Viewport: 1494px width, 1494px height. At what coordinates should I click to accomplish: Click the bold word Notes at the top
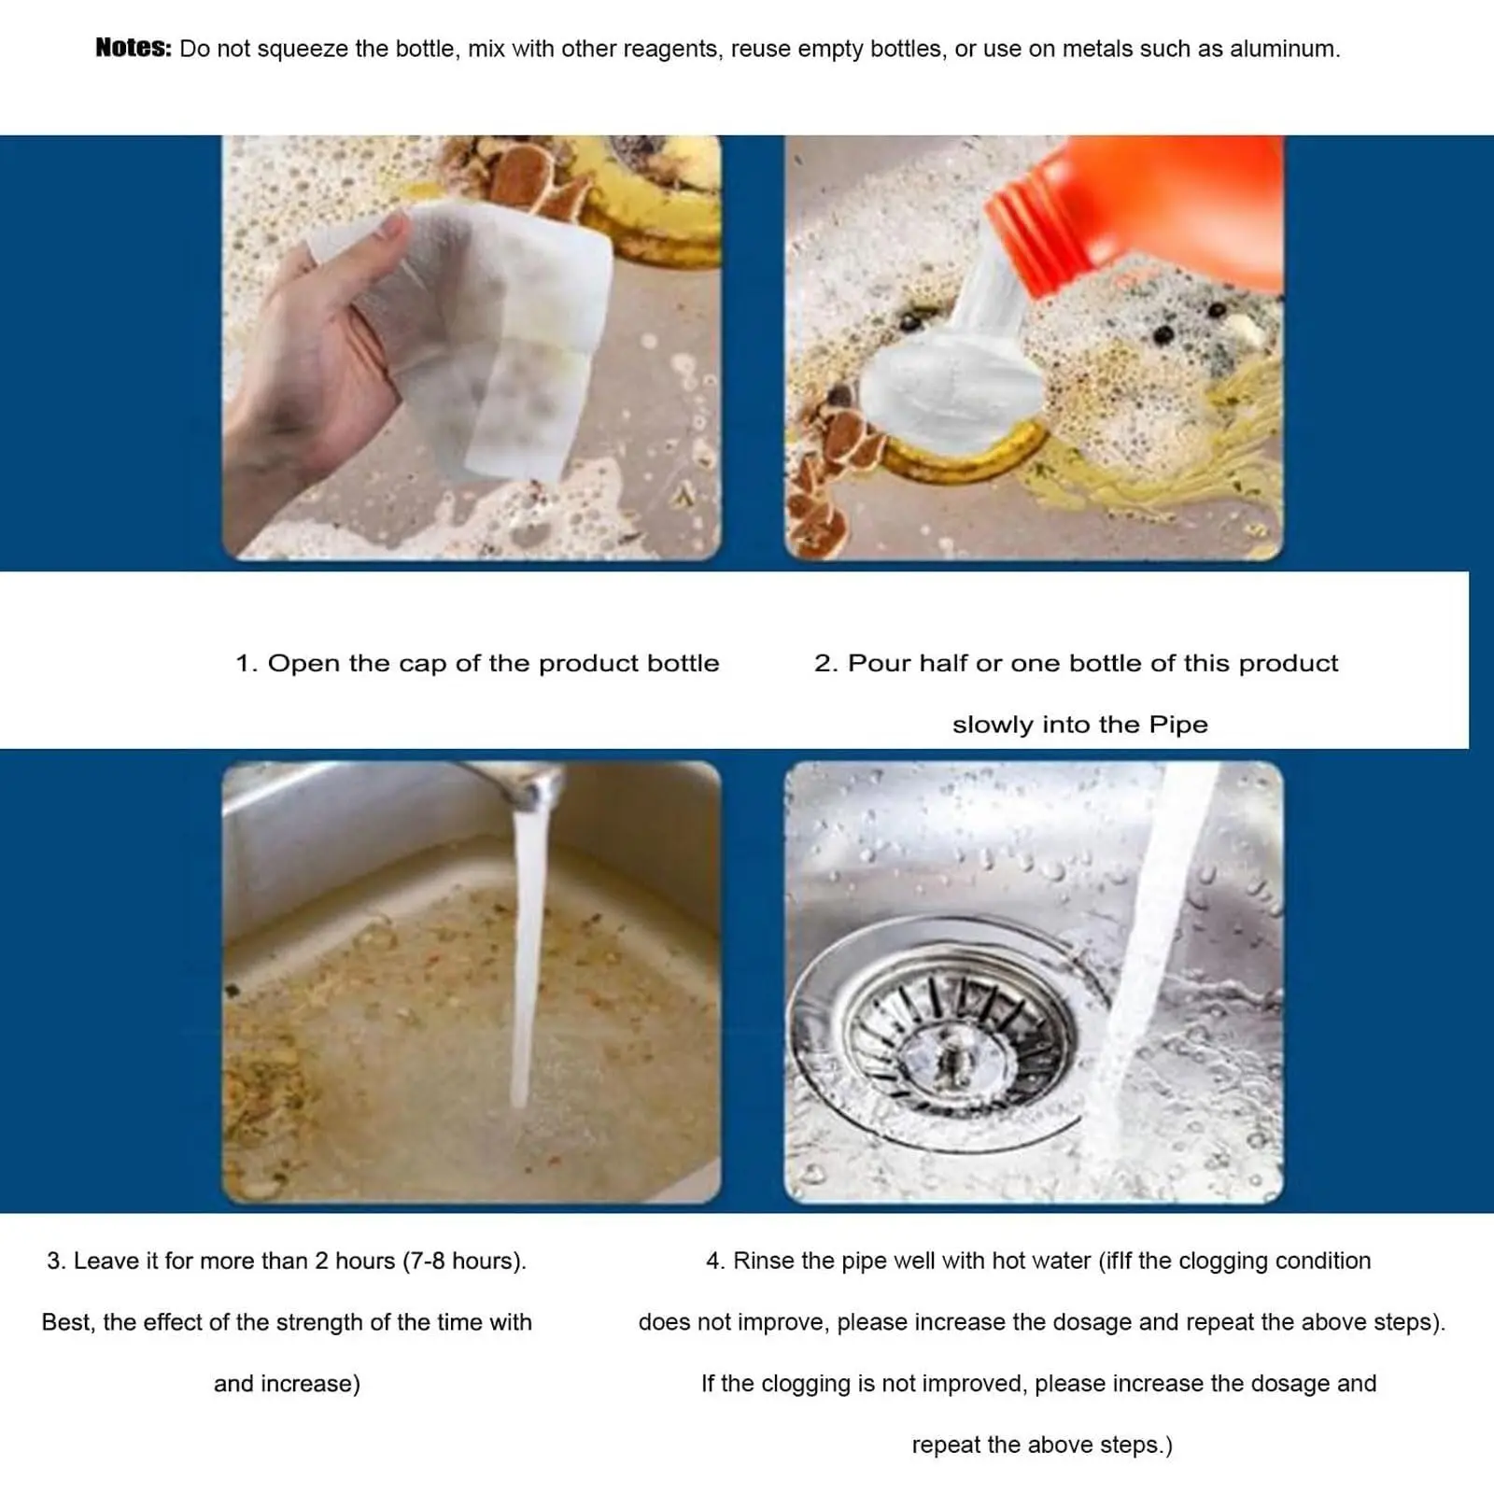click(x=133, y=49)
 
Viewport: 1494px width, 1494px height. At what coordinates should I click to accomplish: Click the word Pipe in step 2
click(x=1177, y=726)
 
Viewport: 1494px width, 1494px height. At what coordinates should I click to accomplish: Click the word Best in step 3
click(x=67, y=1323)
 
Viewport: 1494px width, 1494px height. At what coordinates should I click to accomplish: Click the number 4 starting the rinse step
click(x=713, y=1261)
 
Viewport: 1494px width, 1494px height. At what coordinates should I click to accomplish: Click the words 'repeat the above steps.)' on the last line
click(x=1041, y=1445)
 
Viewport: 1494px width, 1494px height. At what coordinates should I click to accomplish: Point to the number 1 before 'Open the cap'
click(x=244, y=664)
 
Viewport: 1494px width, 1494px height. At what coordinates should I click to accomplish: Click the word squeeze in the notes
click(x=303, y=49)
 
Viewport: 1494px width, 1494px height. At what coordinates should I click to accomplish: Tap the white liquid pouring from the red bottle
click(x=971, y=299)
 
